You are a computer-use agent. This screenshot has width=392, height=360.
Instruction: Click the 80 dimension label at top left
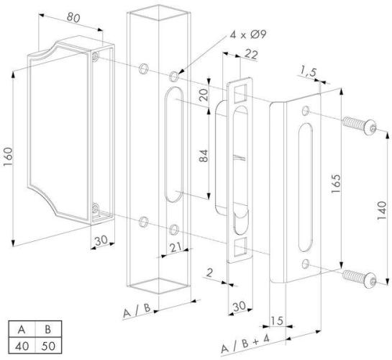(x=73, y=17)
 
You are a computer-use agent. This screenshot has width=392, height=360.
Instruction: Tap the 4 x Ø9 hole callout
(x=248, y=34)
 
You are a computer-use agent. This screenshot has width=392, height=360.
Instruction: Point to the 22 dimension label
(x=251, y=54)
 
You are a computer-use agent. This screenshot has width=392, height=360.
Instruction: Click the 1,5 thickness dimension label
(x=308, y=72)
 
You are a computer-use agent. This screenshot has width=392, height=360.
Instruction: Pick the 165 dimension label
(x=336, y=184)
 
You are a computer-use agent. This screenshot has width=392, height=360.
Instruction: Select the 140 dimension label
(x=382, y=211)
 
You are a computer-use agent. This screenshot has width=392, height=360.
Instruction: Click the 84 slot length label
(x=204, y=156)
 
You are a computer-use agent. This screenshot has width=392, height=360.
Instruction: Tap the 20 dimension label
(x=204, y=95)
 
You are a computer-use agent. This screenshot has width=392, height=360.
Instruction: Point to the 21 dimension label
(x=176, y=248)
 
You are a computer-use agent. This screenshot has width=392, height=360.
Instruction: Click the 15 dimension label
(x=277, y=320)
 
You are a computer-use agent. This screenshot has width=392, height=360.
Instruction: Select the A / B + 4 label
(x=245, y=344)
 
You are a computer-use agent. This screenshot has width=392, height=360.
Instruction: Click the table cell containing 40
(x=22, y=346)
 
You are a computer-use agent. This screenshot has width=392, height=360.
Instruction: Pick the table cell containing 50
(x=48, y=346)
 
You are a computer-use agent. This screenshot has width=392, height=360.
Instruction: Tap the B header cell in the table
(x=48, y=329)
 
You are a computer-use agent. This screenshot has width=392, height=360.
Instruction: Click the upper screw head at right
(x=370, y=127)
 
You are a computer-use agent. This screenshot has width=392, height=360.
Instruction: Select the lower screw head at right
(x=370, y=281)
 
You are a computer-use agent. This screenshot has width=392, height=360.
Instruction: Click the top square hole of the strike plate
(x=240, y=94)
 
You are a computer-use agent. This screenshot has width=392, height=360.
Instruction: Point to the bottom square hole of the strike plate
(x=240, y=247)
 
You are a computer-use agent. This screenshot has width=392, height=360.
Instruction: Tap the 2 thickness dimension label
(x=209, y=273)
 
